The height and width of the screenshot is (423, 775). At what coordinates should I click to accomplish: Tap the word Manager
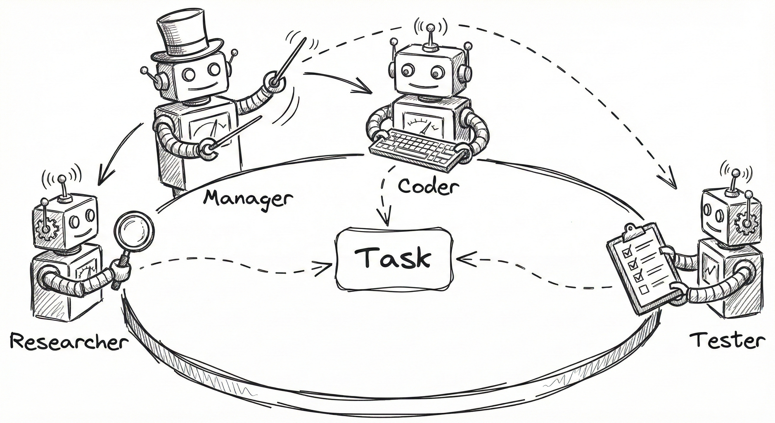249,199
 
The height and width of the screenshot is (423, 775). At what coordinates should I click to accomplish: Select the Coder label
429,187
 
